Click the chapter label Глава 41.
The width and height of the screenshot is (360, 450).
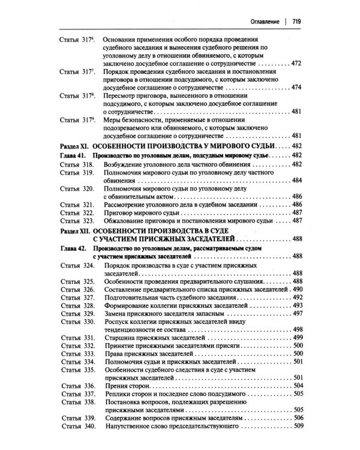click(x=75, y=155)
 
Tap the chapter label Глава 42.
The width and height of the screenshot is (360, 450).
click(x=75, y=248)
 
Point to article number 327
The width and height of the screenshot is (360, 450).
click(x=89, y=298)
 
